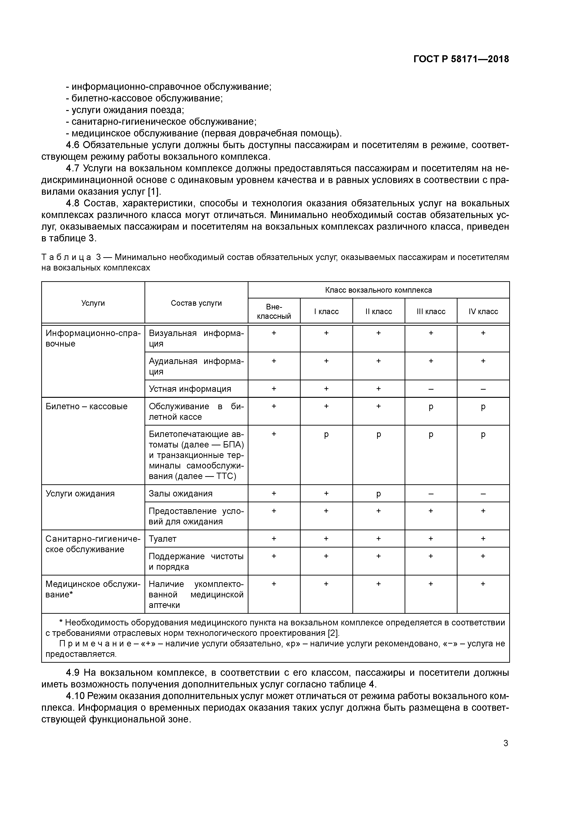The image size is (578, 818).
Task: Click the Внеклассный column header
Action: pyautogui.click(x=274, y=311)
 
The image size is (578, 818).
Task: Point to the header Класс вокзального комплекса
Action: pyautogui.click(x=378, y=290)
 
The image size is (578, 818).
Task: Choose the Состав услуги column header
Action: pyautogui.click(x=196, y=303)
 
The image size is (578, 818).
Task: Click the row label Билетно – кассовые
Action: pyautogui.click(x=86, y=406)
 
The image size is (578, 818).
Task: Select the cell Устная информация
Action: pyautogui.click(x=190, y=389)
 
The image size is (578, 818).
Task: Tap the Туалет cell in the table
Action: pyautogui.click(x=162, y=539)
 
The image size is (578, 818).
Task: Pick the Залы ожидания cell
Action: pyautogui.click(x=181, y=493)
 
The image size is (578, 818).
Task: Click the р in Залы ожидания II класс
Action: pyautogui.click(x=378, y=494)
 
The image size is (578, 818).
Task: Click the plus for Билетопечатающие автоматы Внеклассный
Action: pyautogui.click(x=274, y=434)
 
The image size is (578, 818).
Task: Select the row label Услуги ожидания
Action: pyautogui.click(x=80, y=493)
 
